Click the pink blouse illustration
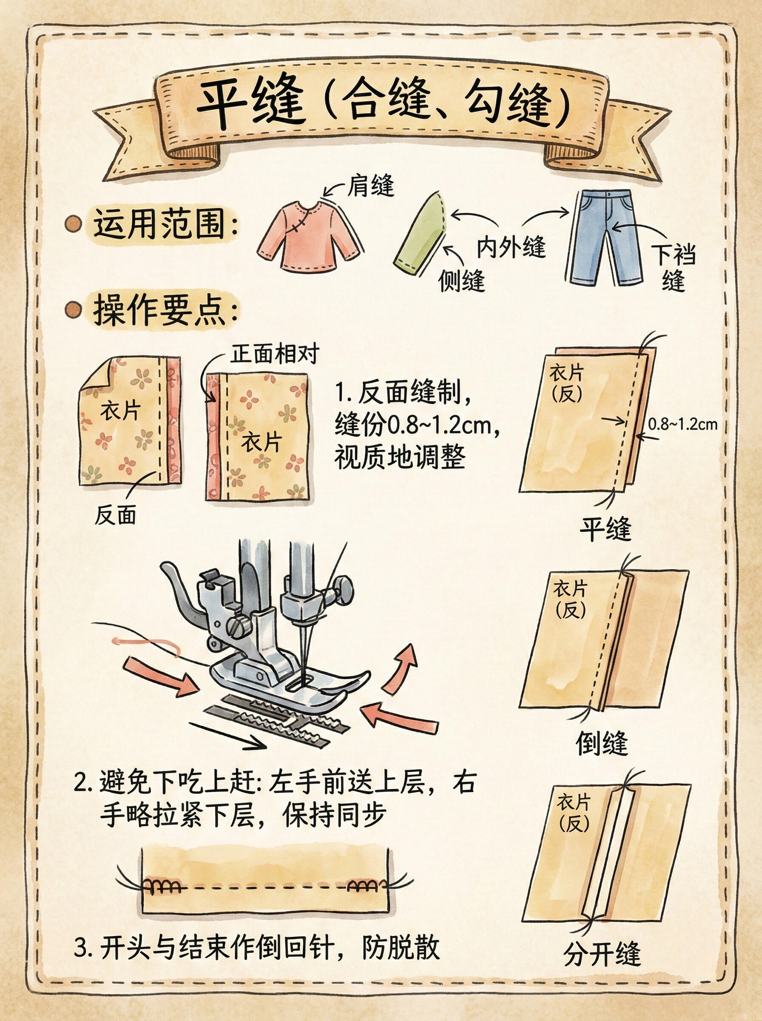coord(308,236)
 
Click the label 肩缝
coord(370,186)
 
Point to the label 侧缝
coord(461,279)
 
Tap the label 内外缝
coord(511,247)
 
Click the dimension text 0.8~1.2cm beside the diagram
coord(682,424)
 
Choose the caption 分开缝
coord(602,953)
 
